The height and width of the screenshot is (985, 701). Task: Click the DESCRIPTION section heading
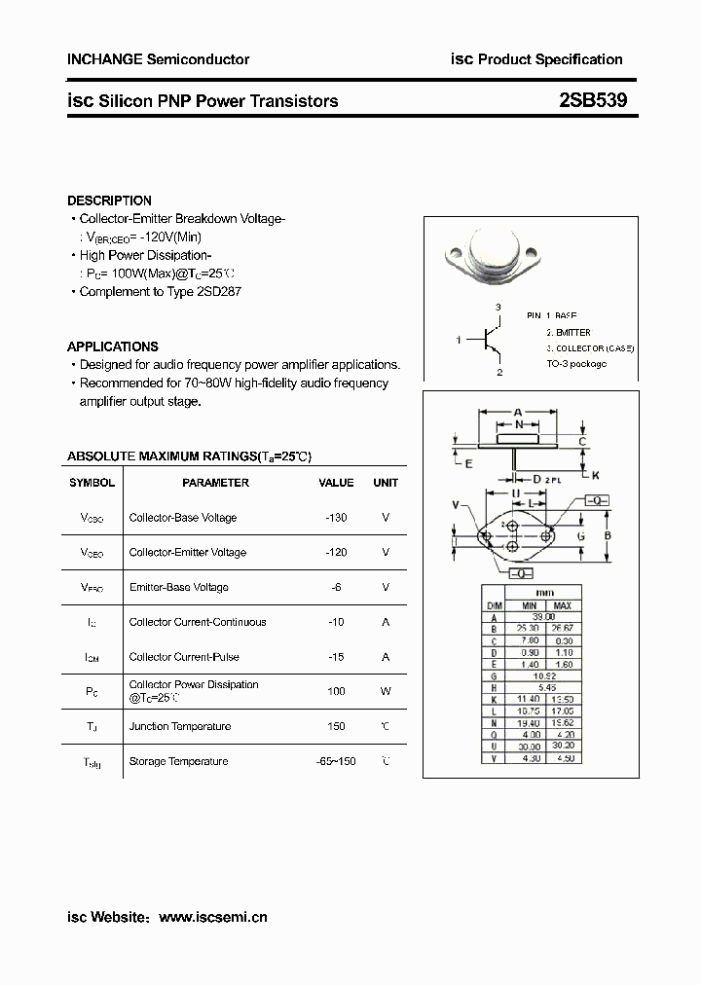tap(109, 201)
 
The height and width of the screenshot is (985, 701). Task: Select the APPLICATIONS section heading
tap(112, 347)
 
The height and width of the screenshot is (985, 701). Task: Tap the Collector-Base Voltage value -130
tap(336, 518)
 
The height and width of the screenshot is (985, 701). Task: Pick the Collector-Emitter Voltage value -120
tap(336, 552)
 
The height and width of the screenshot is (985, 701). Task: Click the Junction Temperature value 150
tap(336, 726)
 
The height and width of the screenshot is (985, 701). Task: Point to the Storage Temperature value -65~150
tap(336, 761)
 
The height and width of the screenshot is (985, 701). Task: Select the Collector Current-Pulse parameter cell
tap(184, 657)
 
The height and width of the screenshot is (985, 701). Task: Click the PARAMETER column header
tap(215, 483)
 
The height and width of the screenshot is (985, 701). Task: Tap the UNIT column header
tap(386, 483)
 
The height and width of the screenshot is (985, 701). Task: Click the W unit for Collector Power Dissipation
tap(386, 691)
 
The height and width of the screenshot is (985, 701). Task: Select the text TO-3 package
tap(576, 363)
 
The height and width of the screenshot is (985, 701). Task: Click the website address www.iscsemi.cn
tap(212, 917)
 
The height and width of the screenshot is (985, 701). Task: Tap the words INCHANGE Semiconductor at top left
tap(158, 59)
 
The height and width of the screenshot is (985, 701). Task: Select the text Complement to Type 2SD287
tap(163, 291)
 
